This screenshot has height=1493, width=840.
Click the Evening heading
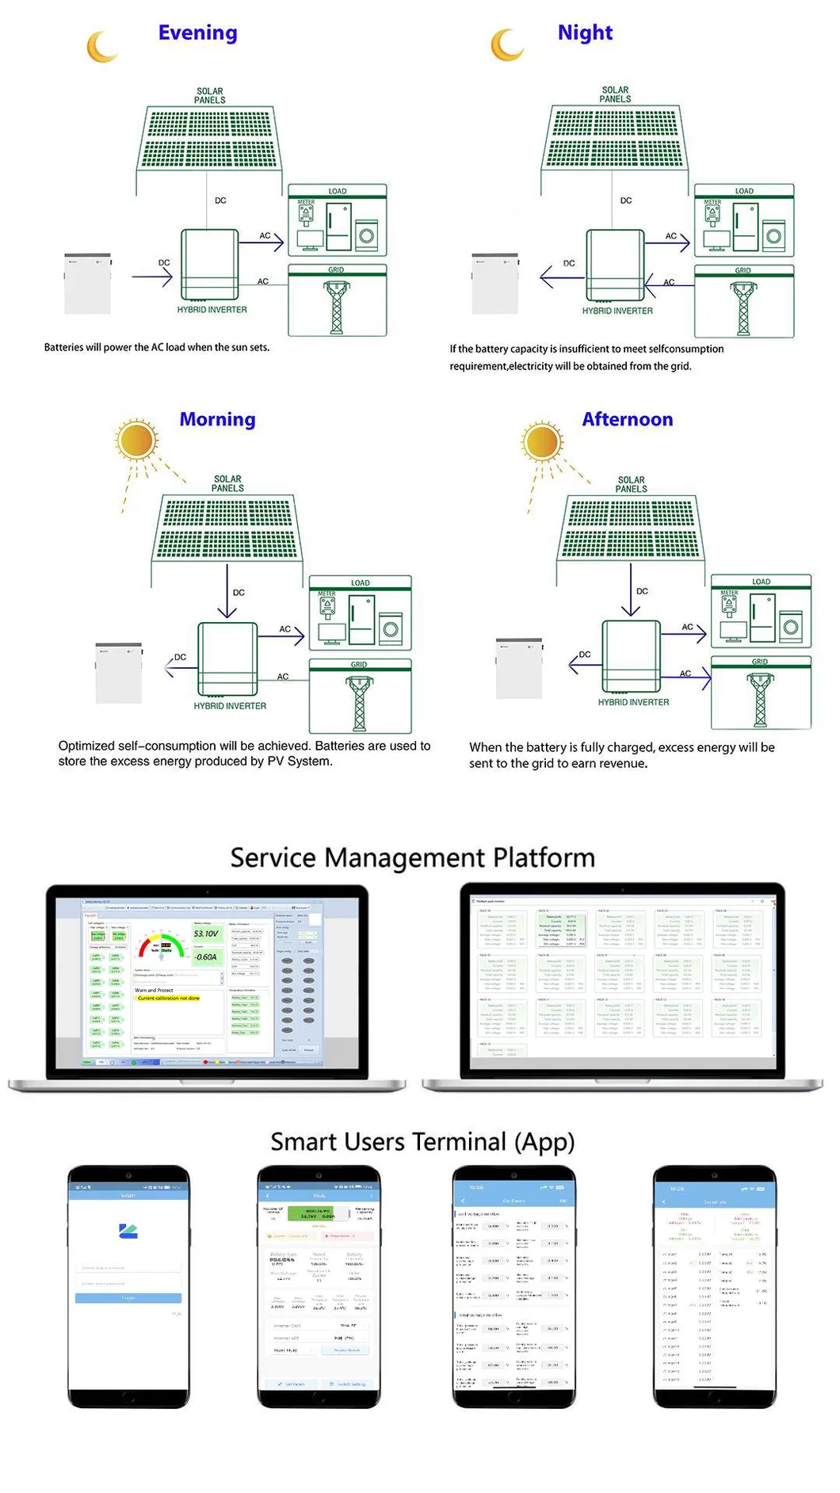coord(197,33)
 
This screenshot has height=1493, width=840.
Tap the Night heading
coord(585,33)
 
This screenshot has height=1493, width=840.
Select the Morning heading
coord(217,420)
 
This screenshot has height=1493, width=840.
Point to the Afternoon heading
coord(627,420)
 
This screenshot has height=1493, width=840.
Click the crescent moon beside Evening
coord(101,48)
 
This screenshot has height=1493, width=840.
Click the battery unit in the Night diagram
coord(494,284)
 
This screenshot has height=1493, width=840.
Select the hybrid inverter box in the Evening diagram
coord(210,264)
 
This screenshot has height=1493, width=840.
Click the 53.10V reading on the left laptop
coord(205,934)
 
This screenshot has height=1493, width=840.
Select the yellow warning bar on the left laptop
coord(168,999)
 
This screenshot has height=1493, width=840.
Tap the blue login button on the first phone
coord(128,1298)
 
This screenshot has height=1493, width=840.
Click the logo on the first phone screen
coord(128,1231)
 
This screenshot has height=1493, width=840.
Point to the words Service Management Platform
coord(412,858)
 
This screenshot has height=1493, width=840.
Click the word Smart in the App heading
coord(297,1142)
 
